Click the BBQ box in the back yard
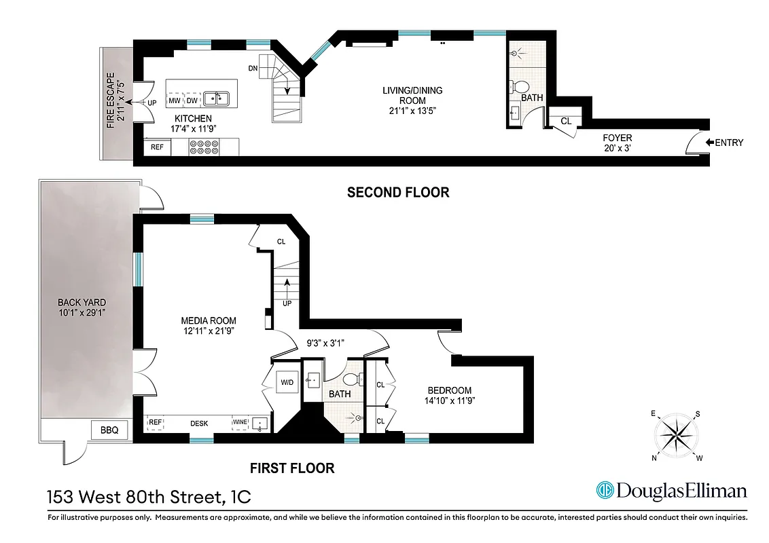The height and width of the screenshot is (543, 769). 109,430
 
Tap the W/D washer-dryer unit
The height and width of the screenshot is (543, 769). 287,383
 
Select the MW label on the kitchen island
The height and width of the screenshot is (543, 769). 175,100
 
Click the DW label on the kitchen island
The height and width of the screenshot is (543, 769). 192,100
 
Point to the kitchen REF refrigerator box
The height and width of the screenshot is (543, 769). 156,147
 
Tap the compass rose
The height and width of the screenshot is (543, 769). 677,434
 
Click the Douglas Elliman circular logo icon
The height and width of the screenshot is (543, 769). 605,490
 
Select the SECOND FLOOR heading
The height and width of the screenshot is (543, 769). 398,192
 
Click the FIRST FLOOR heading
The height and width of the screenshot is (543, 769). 292,468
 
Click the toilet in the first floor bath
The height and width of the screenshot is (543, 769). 351,379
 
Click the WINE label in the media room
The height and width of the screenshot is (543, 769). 241,422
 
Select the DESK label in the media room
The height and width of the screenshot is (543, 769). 199,423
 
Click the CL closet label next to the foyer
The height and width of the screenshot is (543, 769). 566,121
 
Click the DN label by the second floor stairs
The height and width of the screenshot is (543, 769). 253,68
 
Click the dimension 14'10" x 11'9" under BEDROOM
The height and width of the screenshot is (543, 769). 449,401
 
